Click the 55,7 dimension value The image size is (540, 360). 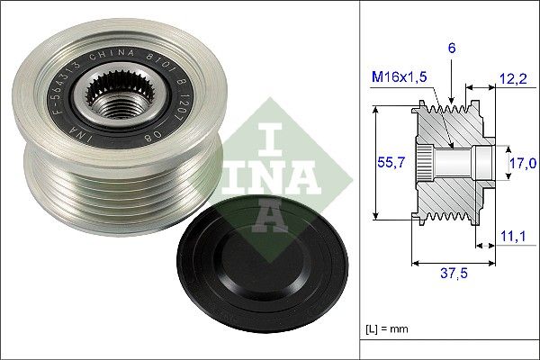[387, 163]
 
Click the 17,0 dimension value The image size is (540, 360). [522, 163]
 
